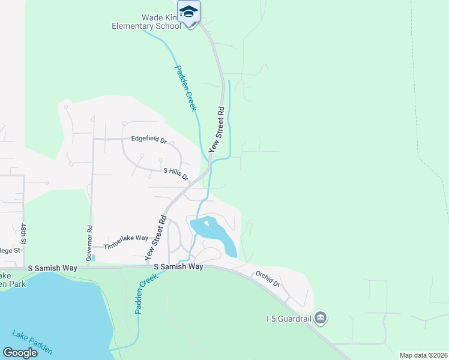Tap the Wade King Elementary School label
pos(146,22)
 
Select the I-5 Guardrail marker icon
pos(321,317)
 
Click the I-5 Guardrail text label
pos(289,318)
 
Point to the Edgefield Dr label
pos(149,139)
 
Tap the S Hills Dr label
pos(176,174)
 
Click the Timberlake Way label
pos(125,242)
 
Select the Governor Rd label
pos(89,243)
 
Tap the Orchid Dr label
pos(268,279)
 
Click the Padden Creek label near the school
pos(186,87)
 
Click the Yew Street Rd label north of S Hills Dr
pos(216,129)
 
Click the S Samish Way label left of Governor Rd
pos(52,268)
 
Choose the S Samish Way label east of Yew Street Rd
pos(178,266)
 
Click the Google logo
pos(20,352)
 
